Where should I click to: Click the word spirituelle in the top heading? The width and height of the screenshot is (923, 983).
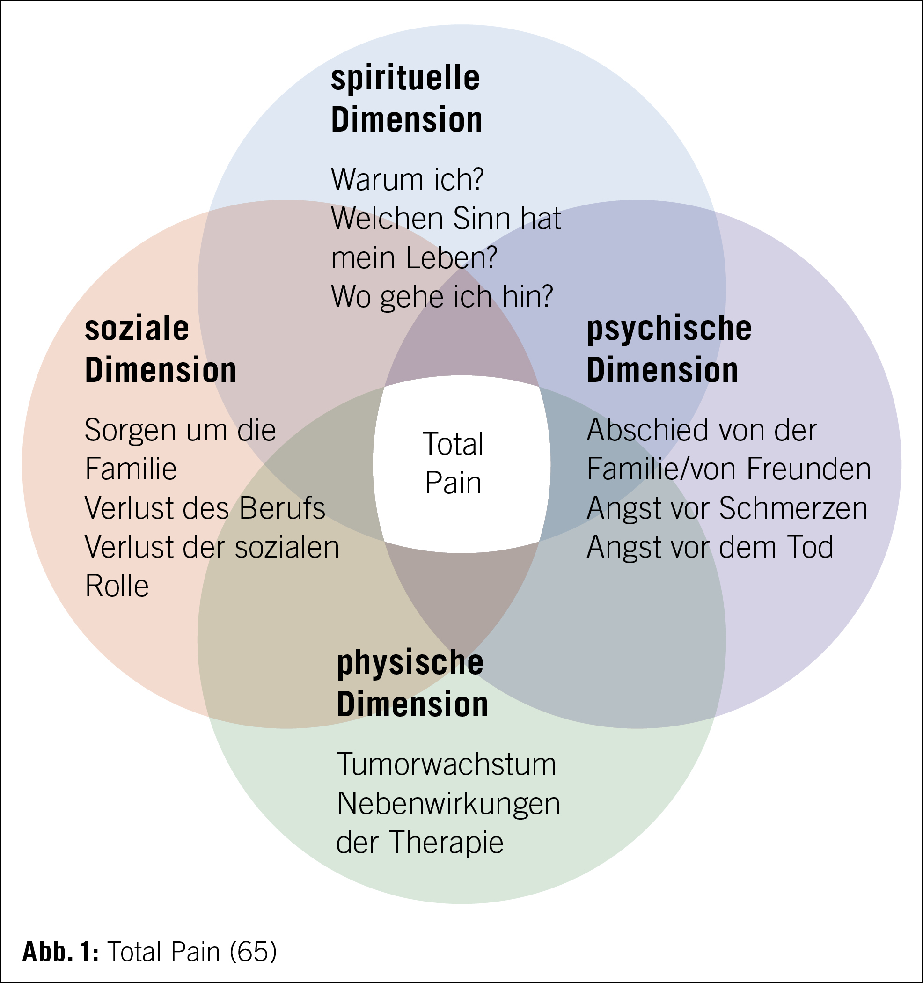[405, 79]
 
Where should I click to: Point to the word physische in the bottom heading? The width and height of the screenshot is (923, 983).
[410, 663]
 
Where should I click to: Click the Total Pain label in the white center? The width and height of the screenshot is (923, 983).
[453, 463]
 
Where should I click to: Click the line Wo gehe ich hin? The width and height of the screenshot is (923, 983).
[441, 297]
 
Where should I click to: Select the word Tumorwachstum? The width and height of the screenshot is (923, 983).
[447, 764]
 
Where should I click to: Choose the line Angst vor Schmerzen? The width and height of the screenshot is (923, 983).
[727, 508]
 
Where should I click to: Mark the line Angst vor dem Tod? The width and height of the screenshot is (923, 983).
[710, 547]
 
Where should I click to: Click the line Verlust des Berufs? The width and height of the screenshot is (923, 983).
[205, 508]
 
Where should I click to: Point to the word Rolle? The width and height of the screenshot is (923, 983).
[117, 587]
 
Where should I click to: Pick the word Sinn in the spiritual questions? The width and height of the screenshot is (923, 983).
[482, 219]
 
